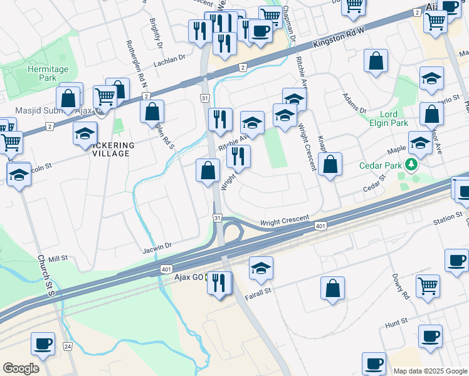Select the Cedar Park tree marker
(x=411, y=165)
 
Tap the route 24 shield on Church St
(x=67, y=346)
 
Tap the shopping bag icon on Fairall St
(x=332, y=288)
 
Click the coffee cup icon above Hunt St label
(x=430, y=335)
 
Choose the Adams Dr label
(x=354, y=103)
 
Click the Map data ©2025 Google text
(x=430, y=371)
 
